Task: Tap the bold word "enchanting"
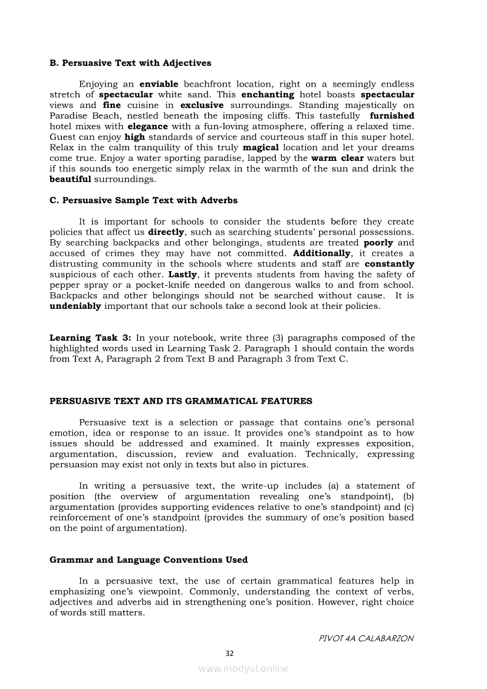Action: click(268, 94)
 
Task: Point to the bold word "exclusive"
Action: click(202, 105)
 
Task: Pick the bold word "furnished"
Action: click(392, 116)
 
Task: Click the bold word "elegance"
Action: click(147, 126)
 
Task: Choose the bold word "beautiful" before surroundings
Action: click(71, 179)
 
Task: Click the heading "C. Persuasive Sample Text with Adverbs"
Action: click(143, 200)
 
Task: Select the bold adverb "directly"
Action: click(166, 232)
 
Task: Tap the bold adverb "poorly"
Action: click(378, 243)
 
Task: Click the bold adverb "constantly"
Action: click(389, 264)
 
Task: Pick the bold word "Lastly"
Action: click(183, 275)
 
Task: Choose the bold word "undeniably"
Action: click(75, 306)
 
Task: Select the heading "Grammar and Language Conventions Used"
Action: click(149, 560)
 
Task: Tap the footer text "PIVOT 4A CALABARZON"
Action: click(366, 638)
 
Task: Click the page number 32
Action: click(230, 653)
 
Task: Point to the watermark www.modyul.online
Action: click(244, 669)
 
